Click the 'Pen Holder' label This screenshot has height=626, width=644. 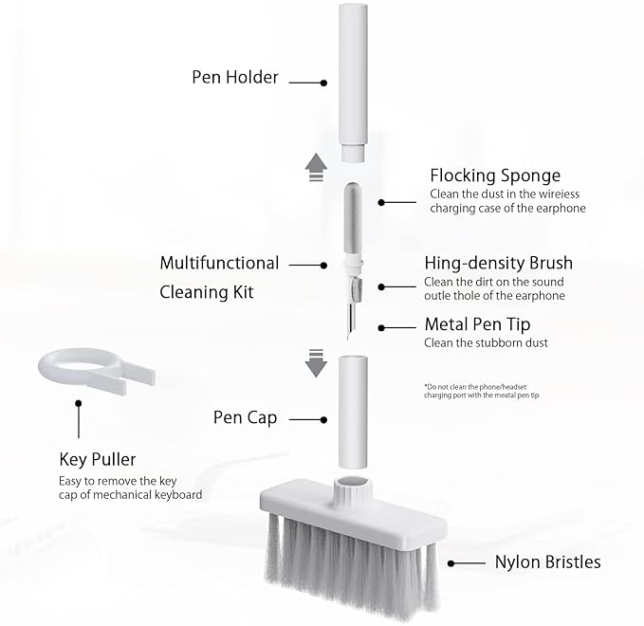[x=234, y=77]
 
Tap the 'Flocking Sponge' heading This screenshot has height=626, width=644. [x=495, y=175]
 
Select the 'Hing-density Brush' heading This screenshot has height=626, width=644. [x=498, y=263]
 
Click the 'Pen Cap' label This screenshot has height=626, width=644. [x=245, y=417]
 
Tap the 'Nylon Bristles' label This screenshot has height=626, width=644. [x=547, y=562]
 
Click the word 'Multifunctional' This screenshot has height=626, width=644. [x=219, y=263]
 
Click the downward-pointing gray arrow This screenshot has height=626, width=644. [x=316, y=360]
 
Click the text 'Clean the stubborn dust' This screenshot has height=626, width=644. [x=486, y=343]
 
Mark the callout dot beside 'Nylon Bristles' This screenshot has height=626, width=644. [x=451, y=562]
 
